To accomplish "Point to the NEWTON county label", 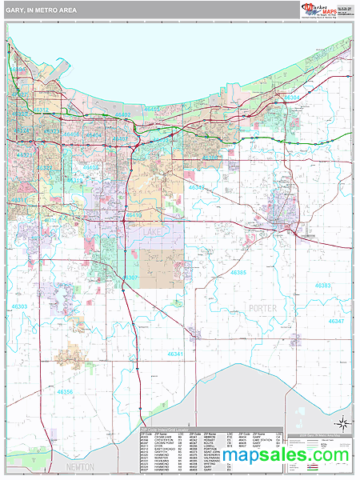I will coord(80,466).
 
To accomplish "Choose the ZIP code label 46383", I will coord(323,286).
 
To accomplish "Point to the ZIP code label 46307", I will coord(131,278).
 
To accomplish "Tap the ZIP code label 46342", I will coord(195,188).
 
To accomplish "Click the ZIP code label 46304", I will coord(292,98).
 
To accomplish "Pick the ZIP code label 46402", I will coord(122,115).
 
